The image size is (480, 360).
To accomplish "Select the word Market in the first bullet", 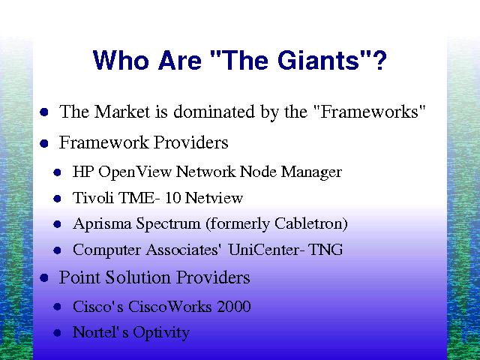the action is [x=122, y=112].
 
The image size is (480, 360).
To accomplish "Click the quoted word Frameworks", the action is [x=370, y=112].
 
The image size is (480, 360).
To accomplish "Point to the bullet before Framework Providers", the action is [x=44, y=143].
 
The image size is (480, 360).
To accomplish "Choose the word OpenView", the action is [x=135, y=172].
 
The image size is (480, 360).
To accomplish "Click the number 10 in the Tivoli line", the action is [x=173, y=198].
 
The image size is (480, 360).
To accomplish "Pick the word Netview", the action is [x=214, y=198].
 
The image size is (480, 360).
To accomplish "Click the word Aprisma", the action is [x=102, y=224].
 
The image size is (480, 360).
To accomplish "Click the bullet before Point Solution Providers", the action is [x=44, y=278].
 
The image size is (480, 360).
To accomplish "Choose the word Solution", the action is [x=138, y=277].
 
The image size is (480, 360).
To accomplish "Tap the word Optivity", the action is [x=161, y=333].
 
